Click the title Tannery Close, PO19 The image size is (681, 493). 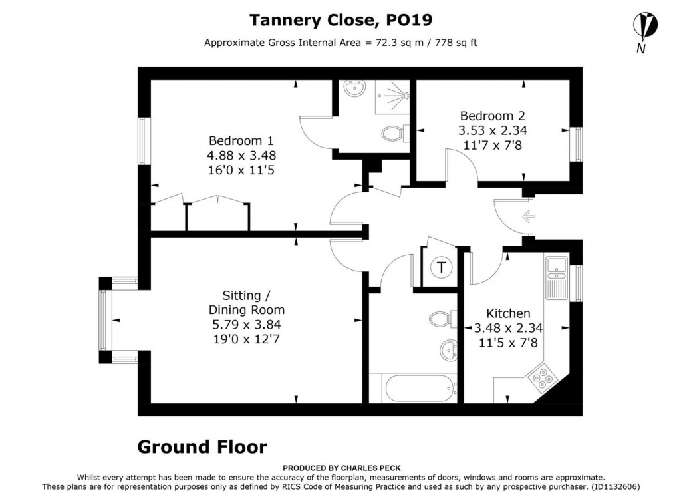click(x=340, y=20)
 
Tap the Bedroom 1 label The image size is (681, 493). click(x=241, y=141)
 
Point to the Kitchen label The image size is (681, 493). click(x=508, y=313)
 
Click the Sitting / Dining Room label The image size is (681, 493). click(x=246, y=303)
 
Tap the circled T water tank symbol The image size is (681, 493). click(x=440, y=268)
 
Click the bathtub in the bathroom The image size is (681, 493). click(x=412, y=388)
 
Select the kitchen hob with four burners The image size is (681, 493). click(x=543, y=378)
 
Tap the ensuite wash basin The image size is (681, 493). click(x=352, y=88)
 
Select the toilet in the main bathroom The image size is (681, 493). click(x=441, y=319)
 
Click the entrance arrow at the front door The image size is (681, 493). click(x=529, y=216)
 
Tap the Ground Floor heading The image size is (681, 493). click(x=202, y=447)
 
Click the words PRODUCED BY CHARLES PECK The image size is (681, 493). click(x=341, y=468)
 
